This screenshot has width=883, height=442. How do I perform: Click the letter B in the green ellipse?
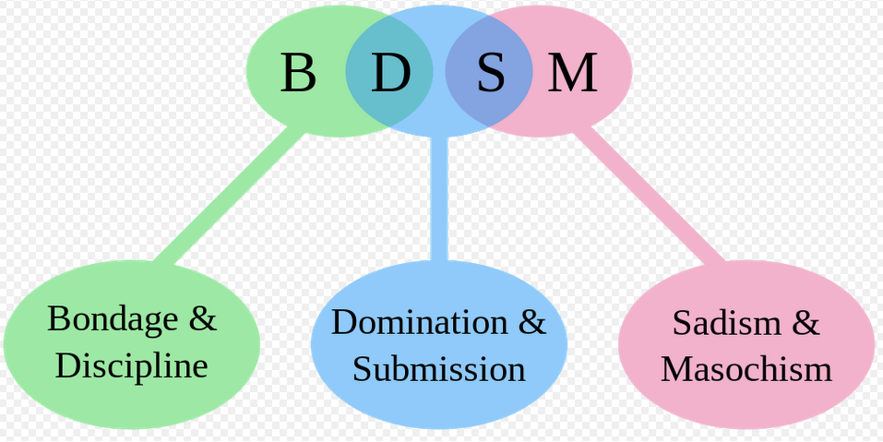tap(297, 73)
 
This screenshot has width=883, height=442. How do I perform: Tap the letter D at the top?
tap(390, 73)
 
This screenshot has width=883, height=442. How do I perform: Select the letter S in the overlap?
tap(490, 73)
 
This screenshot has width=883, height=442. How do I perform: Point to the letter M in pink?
tap(573, 73)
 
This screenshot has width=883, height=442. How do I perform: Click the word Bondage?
tap(113, 319)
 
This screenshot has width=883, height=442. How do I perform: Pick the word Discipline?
tap(131, 366)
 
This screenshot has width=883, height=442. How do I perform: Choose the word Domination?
tap(419, 322)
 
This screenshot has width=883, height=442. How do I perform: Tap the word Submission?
tap(438, 369)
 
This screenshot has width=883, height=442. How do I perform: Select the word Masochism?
tap(746, 370)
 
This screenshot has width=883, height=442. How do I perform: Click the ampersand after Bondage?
tap(203, 319)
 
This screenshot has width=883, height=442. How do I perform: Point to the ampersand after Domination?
tap(532, 322)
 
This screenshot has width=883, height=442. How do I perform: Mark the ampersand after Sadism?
tap(805, 323)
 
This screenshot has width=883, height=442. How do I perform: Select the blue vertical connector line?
tap(439, 198)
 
